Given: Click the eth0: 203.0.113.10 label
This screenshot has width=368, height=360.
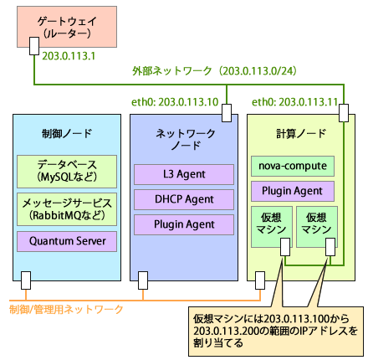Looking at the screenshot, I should click(176, 102).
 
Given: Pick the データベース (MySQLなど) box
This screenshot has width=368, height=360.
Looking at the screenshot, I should click(66, 171).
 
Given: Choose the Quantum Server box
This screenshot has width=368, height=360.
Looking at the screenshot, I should click(66, 242).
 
